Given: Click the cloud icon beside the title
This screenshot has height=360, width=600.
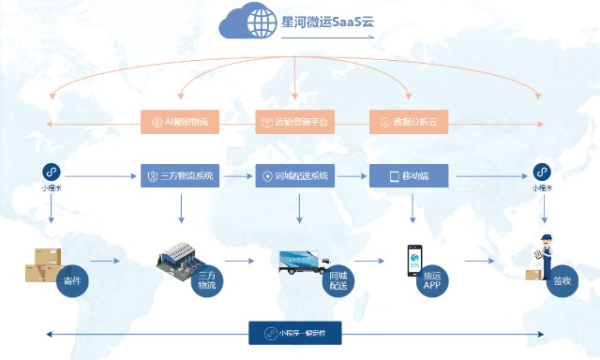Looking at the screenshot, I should tap(247, 22).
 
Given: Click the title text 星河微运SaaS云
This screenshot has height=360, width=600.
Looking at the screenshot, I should tap(325, 21).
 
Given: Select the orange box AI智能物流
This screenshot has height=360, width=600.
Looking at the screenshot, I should tap(181, 122).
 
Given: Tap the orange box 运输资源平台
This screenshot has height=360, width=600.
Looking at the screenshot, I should tap(296, 122).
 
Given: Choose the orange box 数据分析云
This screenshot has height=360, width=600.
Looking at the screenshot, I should tap(410, 122).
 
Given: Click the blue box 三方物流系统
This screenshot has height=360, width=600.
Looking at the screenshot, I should tap(181, 175).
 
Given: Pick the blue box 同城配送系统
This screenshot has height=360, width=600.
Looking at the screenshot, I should tap(296, 175).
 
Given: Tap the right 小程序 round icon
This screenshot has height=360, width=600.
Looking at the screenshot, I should tap(542, 172).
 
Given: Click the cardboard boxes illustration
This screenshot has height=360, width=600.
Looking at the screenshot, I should tap(42, 265).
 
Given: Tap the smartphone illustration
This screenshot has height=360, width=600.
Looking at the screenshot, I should tap(414, 261).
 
